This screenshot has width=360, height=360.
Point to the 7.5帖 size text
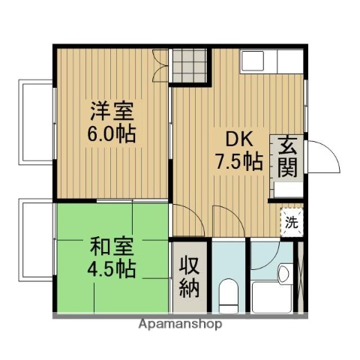[x=239, y=161]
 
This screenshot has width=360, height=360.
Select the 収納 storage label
[x=190, y=277]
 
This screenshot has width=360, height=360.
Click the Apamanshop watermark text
[x=180, y=325]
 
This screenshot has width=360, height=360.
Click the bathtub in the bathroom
[x=271, y=295]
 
